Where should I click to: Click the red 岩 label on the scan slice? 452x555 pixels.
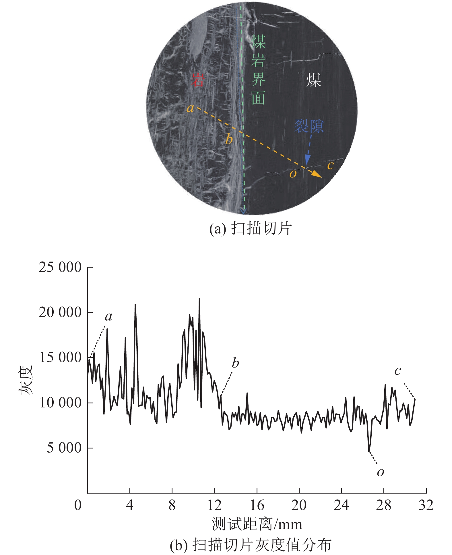(x=198, y=80)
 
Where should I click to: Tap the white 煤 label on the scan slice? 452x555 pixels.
(x=313, y=80)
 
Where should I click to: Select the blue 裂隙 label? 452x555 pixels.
(x=309, y=126)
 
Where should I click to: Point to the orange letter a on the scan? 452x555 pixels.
(x=190, y=109)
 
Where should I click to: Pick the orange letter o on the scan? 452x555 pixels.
(x=293, y=174)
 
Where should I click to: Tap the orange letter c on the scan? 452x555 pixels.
(x=330, y=165)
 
